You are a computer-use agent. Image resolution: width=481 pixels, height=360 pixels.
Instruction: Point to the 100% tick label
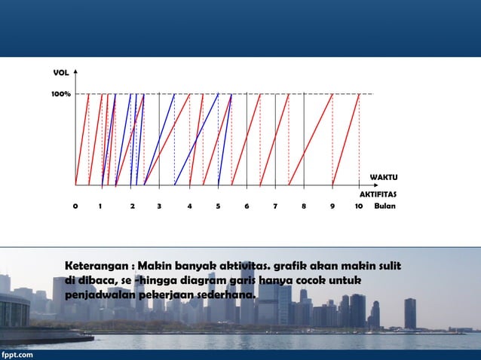pyautogui.click(x=61, y=94)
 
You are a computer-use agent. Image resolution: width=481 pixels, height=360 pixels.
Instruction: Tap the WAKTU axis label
pyautogui.click(x=384, y=177)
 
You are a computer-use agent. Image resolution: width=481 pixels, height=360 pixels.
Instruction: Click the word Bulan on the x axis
pyautogui.click(x=384, y=205)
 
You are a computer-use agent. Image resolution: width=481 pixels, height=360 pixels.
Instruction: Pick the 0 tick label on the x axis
pyautogui.click(x=75, y=205)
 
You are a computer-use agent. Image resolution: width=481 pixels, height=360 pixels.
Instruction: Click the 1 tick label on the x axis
pyautogui.click(x=100, y=205)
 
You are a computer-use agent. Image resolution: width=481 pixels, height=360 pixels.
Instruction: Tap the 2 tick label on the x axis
pyautogui.click(x=132, y=205)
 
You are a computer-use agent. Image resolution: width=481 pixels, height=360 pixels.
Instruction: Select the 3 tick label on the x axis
pyautogui.click(x=159, y=205)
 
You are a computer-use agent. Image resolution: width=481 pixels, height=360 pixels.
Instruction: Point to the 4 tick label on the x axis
pyautogui.click(x=189, y=205)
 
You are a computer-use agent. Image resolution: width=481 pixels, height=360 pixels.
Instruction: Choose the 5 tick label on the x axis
pyautogui.click(x=218, y=205)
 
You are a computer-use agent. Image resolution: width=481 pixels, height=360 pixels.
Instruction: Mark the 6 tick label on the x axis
pyautogui.click(x=247, y=205)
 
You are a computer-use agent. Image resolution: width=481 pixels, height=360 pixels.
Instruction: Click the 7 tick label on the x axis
pyautogui.click(x=275, y=205)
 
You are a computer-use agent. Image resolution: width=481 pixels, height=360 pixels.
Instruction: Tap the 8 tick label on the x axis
pyautogui.click(x=303, y=205)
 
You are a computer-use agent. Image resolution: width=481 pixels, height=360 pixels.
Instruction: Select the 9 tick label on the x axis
pyautogui.click(x=332, y=205)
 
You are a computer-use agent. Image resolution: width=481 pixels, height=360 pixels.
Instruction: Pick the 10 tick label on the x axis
pyautogui.click(x=359, y=205)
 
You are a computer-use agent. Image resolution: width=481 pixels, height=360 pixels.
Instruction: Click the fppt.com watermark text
pyautogui.click(x=17, y=354)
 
